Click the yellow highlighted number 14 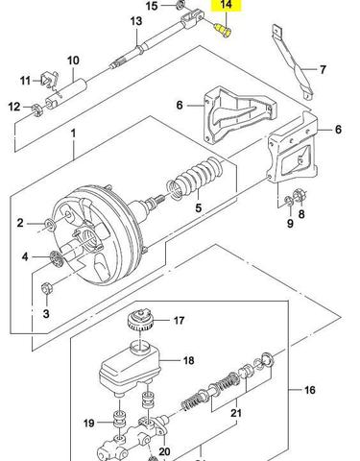(226, 5)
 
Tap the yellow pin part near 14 (224, 31)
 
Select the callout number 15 (152, 6)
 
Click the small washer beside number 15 (180, 4)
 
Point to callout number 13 (136, 21)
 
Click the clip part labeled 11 (50, 80)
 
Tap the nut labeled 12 (37, 109)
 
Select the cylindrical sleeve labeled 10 (66, 93)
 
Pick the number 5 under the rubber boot (199, 208)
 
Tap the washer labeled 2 (51, 224)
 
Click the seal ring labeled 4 (57, 258)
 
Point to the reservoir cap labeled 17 (140, 321)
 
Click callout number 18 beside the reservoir (189, 360)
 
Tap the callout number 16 (309, 390)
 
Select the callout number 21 (236, 413)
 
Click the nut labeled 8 (300, 195)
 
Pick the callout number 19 (89, 424)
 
